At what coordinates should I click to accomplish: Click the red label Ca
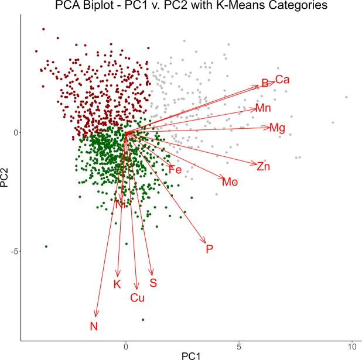pyautogui.click(x=282, y=79)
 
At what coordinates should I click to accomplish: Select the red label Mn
pyautogui.click(x=263, y=108)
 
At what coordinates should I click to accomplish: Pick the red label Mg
pyautogui.click(x=277, y=128)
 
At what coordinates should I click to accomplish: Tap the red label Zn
pyautogui.click(x=264, y=166)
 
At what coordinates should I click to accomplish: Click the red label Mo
pyautogui.click(x=230, y=182)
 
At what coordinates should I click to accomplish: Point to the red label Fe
pyautogui.click(x=175, y=170)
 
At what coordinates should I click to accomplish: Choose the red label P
pyautogui.click(x=209, y=249)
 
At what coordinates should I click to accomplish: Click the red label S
pyautogui.click(x=153, y=283)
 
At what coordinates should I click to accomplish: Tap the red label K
pyautogui.click(x=117, y=284)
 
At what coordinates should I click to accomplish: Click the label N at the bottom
pyautogui.click(x=94, y=326)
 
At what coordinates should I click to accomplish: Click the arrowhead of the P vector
pyautogui.click(x=205, y=242)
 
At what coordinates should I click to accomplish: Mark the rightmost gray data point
pyautogui.click(x=346, y=97)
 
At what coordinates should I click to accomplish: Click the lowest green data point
pyautogui.click(x=142, y=320)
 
